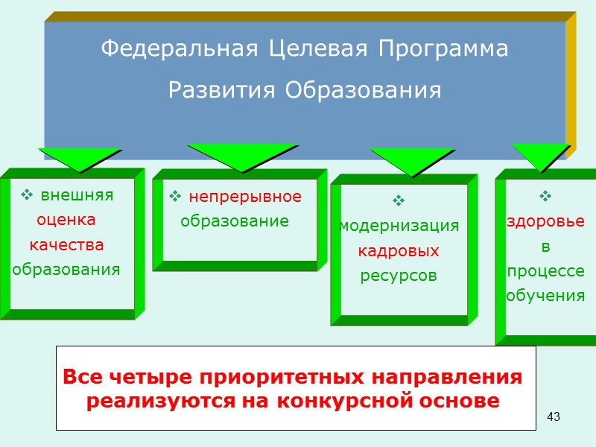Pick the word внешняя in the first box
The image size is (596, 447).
click(77, 195)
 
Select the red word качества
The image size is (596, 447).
click(66, 244)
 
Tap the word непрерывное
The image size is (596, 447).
click(245, 197)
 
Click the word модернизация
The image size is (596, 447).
click(399, 226)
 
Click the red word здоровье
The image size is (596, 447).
click(545, 221)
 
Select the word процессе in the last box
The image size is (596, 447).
click(545, 270)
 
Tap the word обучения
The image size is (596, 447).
click(545, 295)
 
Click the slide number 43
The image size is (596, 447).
click(553, 416)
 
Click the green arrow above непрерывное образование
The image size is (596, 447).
click(241, 155)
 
